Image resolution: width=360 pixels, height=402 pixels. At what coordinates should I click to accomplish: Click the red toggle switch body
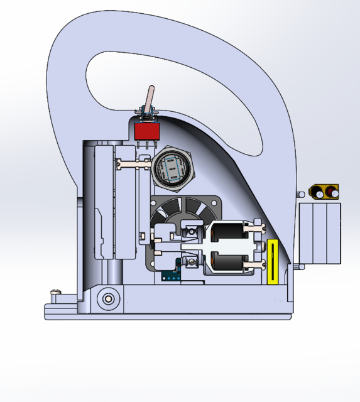coord(146,131)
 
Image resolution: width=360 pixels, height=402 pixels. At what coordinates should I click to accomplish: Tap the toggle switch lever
coord(150,100)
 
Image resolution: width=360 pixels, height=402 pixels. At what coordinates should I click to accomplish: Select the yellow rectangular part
coord(273,261)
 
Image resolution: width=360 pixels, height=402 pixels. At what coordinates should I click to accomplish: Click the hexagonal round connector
coord(173,168)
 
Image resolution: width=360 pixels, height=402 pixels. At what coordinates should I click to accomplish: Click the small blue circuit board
coord(171,275)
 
